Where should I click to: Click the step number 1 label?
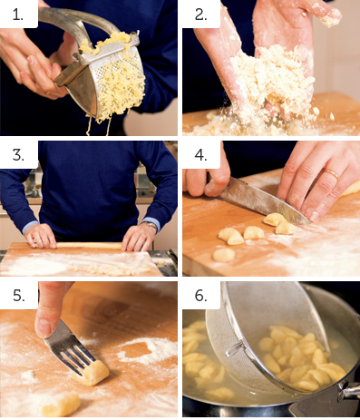17,15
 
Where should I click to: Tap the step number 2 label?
200,15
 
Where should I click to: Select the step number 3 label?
18,155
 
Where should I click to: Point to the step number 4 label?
200,155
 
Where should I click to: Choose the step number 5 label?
19,295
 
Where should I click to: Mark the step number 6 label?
200,295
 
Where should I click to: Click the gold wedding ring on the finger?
332,174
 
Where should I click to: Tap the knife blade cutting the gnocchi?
263,201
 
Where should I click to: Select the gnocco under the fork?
92,374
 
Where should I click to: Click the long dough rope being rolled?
88,246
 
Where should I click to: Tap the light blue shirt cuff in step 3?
31,227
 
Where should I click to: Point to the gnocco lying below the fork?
62,403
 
